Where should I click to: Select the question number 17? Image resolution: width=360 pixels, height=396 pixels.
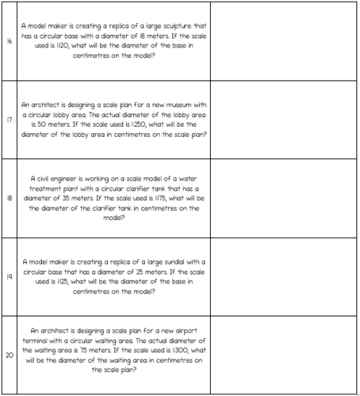(x=9, y=119)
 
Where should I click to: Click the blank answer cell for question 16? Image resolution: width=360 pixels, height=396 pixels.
(x=283, y=41)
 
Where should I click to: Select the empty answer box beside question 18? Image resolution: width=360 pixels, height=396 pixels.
(x=283, y=198)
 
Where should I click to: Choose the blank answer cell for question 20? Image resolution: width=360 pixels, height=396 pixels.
(x=283, y=354)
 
